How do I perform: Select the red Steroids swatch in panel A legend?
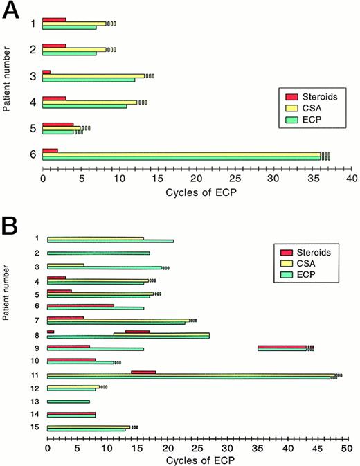(291, 96)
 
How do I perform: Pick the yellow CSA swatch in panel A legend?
(291, 107)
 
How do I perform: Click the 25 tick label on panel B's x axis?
(197, 448)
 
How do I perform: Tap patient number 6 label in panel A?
(32, 154)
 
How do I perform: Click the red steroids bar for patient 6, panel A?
(50, 150)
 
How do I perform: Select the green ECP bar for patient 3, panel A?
(89, 80)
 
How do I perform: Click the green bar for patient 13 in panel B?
(68, 402)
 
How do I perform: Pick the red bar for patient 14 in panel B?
(71, 413)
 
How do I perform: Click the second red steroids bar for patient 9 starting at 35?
(282, 346)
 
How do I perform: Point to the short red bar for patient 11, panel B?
(143, 373)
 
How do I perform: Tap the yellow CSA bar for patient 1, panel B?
(96, 238)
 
